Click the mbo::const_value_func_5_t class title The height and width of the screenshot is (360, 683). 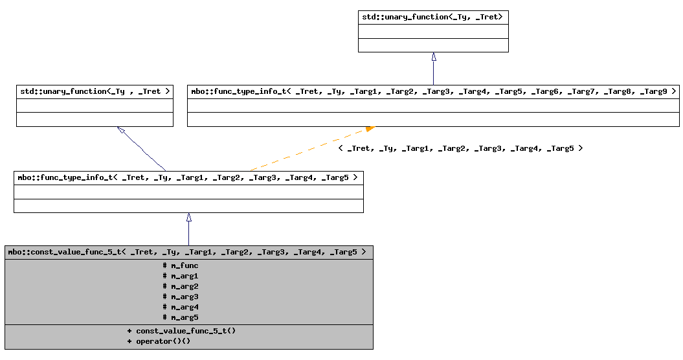point(188,252)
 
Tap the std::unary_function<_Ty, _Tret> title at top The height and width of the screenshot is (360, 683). point(433,16)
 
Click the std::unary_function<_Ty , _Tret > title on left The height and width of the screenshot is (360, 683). point(95,91)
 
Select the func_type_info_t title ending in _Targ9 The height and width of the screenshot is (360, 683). point(433,91)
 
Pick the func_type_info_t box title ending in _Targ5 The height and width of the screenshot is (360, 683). point(188,177)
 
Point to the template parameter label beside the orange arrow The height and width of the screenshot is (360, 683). point(460,148)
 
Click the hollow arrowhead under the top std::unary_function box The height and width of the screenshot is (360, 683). point(434,56)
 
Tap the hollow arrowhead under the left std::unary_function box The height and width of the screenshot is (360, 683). point(121,130)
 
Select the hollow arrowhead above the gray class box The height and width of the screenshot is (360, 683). point(189,218)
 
